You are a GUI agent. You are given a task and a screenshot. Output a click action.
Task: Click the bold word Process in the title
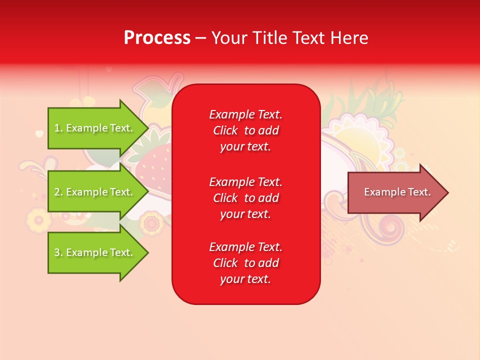tap(157, 38)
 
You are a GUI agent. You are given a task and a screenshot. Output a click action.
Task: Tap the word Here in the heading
tap(348, 38)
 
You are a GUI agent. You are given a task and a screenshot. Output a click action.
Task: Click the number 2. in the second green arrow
tap(58, 192)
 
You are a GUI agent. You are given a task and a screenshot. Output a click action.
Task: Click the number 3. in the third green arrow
tap(58, 252)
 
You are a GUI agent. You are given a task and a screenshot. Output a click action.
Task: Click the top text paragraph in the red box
tap(245, 130)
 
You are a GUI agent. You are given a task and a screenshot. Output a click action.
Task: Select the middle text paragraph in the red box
tap(245, 198)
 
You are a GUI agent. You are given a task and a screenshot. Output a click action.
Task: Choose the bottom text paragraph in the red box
tap(245, 263)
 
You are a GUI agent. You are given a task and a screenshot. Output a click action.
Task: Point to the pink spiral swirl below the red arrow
tap(390, 227)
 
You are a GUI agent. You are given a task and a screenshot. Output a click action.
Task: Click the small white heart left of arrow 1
tap(39, 133)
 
